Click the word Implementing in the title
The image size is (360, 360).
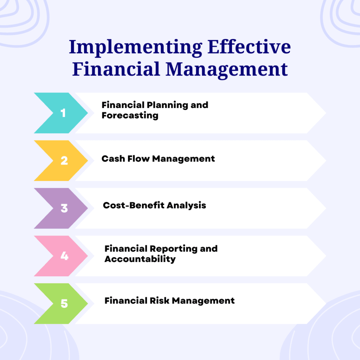pos(136,48)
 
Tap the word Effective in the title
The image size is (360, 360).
pos(249,47)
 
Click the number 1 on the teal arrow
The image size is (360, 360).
pos(63,113)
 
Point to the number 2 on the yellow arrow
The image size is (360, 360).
pos(64,160)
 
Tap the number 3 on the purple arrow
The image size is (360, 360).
pos(64,208)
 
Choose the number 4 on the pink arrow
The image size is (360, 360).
pos(65,256)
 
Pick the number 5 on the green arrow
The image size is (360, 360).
pos(64,303)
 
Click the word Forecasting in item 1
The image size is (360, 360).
pos(130,116)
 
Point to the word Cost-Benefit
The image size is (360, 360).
pos(134,205)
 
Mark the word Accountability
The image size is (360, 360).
pos(140,259)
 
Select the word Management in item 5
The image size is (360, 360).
pos(203,301)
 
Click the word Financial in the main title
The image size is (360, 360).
pos(116,69)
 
